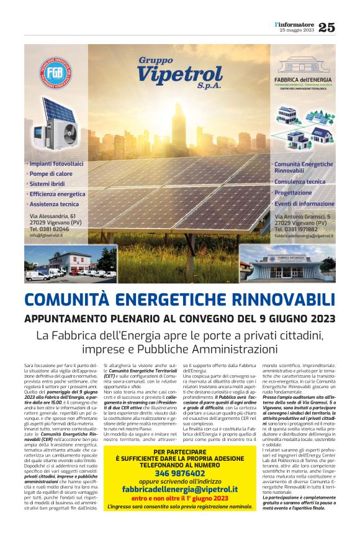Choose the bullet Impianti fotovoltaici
pos(54,164)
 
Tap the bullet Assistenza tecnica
pos(53,204)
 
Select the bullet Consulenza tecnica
pos(301,182)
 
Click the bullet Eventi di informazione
pos(305,203)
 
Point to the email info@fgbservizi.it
pos(53,235)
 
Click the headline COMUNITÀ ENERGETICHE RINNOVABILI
pos(179,299)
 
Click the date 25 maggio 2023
pos(297,30)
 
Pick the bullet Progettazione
pos(295,193)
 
